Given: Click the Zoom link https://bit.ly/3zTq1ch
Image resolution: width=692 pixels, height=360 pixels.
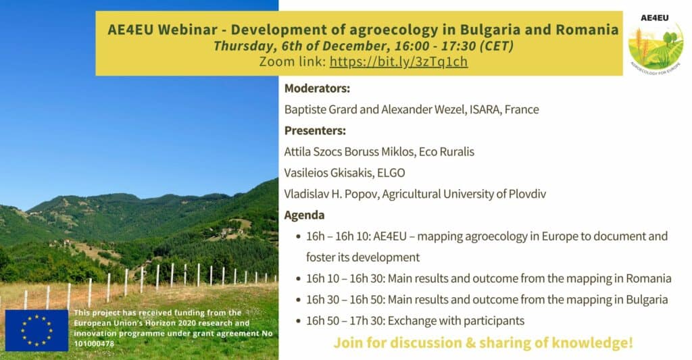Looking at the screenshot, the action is [x=399, y=61].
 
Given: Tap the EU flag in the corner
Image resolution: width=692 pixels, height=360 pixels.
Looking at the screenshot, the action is [x=36, y=330].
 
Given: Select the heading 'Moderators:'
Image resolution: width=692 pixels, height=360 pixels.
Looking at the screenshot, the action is [x=317, y=88].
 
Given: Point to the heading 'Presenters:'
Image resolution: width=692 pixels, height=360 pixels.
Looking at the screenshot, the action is [x=315, y=130].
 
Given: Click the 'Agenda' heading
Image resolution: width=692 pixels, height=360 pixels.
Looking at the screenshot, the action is [x=304, y=215].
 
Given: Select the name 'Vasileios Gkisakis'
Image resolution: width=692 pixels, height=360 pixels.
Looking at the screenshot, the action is [x=328, y=173].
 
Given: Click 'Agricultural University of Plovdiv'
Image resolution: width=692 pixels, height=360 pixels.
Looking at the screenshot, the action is [x=464, y=194].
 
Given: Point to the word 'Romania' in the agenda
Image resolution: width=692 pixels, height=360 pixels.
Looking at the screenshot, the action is [x=649, y=279].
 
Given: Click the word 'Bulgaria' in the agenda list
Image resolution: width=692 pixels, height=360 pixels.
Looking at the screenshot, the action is [x=647, y=300].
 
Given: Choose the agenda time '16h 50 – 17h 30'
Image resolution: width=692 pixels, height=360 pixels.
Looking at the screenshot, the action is [x=344, y=321].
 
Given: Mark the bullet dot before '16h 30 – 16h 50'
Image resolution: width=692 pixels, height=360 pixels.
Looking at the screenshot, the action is [x=299, y=301].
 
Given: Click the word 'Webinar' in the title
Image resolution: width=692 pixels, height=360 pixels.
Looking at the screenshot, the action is [x=187, y=30].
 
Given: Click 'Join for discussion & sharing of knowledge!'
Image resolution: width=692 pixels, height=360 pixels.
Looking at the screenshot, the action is [x=483, y=343].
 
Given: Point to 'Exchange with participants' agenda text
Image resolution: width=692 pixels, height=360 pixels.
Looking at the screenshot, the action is [x=456, y=321].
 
